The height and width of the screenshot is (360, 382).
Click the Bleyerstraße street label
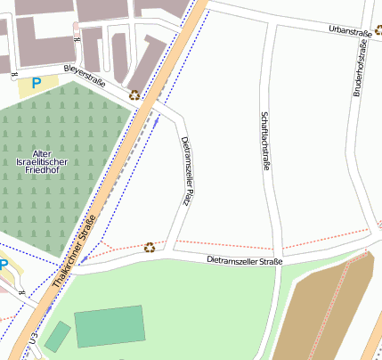(85, 77)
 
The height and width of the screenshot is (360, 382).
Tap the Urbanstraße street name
(349, 31)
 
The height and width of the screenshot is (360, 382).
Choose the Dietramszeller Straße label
(244, 261)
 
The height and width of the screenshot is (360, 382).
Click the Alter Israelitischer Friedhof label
(47, 161)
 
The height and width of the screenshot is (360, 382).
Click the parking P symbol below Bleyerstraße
(37, 83)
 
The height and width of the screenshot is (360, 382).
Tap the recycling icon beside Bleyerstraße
(134, 94)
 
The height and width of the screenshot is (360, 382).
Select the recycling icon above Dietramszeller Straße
(150, 247)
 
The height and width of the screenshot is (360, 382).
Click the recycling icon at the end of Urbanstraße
(378, 29)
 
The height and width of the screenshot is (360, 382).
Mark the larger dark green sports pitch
(110, 325)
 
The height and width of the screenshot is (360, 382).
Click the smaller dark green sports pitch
(58, 337)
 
